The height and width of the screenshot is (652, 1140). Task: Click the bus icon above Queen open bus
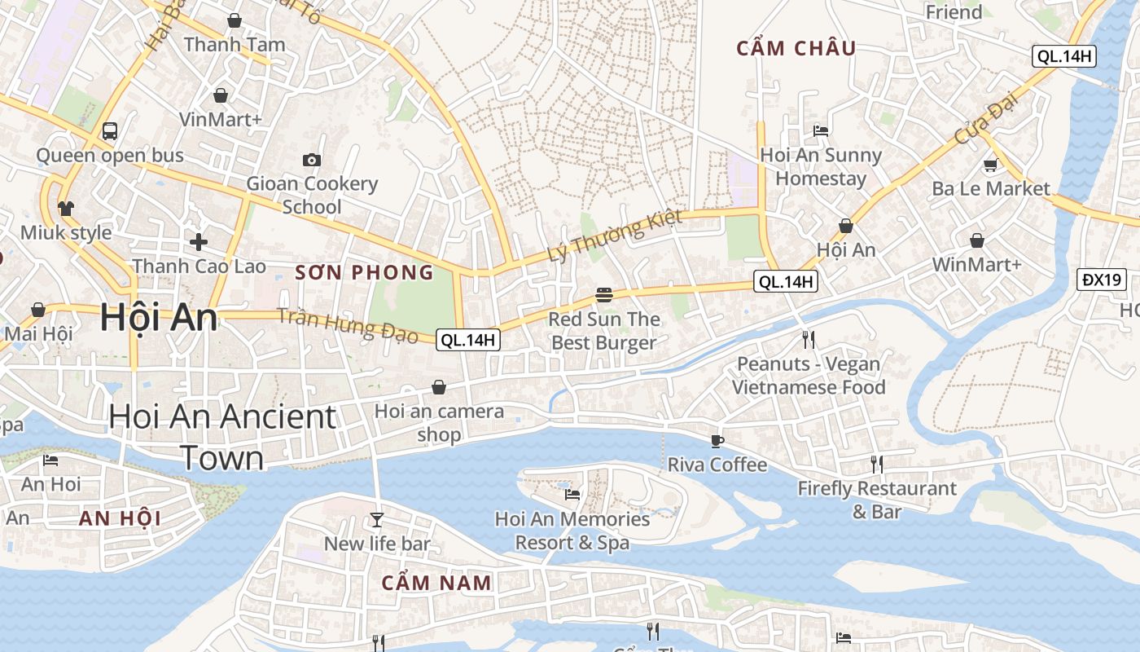click(x=109, y=130)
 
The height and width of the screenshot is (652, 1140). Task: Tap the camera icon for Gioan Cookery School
click(x=311, y=160)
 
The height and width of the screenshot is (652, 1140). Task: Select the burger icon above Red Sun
click(x=603, y=294)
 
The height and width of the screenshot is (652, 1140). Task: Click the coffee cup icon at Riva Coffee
click(x=717, y=441)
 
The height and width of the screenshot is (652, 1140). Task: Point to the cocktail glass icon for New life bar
click(x=376, y=519)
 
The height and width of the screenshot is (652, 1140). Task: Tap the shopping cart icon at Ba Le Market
click(x=990, y=165)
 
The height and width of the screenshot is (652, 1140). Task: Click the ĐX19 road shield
click(x=1102, y=280)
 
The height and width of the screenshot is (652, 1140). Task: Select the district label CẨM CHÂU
click(x=796, y=49)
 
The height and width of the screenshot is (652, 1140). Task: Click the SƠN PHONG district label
click(x=364, y=272)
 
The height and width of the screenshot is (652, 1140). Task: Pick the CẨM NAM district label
click(x=436, y=583)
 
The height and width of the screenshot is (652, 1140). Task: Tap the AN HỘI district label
click(x=120, y=518)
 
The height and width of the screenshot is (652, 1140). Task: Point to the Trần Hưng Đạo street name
click(x=347, y=325)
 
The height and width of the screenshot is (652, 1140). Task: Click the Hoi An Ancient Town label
click(x=222, y=438)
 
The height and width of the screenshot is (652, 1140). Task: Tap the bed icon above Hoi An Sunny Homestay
click(x=821, y=130)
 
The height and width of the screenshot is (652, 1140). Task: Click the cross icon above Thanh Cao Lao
click(x=199, y=241)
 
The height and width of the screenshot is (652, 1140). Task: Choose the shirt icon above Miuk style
click(x=66, y=208)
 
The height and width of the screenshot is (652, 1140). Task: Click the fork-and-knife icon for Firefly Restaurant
click(x=876, y=464)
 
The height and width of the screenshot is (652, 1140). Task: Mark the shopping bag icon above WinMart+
click(x=976, y=240)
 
